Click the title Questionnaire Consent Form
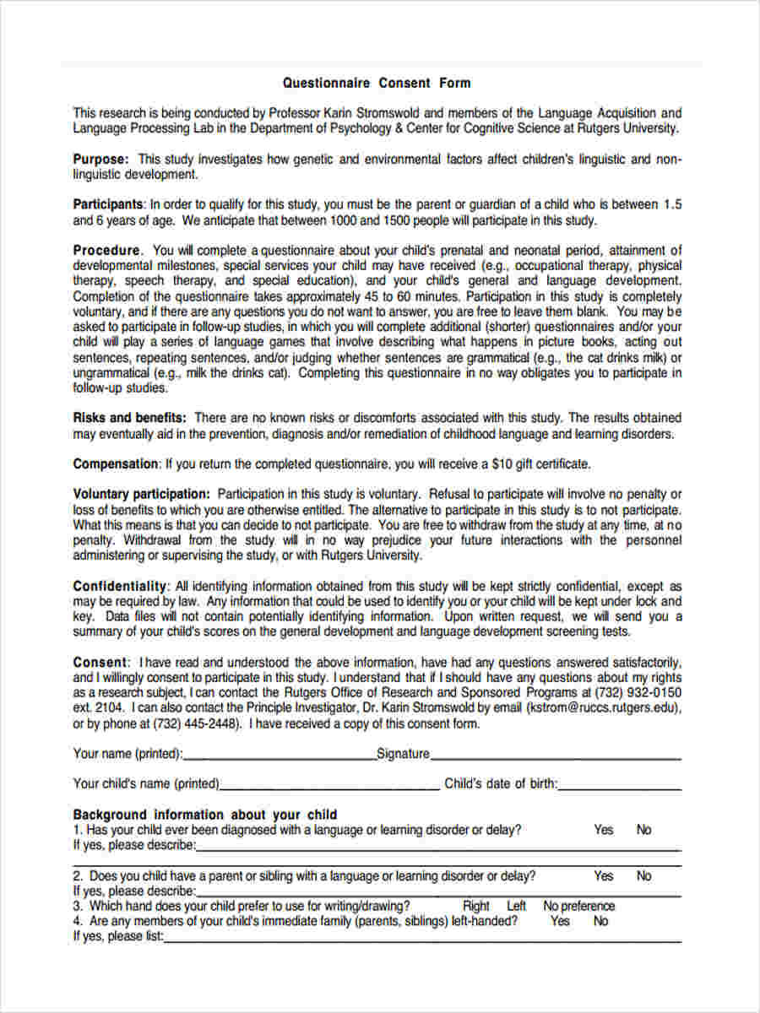click(x=377, y=83)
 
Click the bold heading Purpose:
click(x=100, y=159)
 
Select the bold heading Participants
click(x=107, y=204)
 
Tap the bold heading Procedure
click(x=106, y=250)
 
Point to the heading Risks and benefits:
click(x=129, y=417)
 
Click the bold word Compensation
click(x=115, y=463)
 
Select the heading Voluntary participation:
click(x=141, y=494)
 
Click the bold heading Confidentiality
click(x=120, y=586)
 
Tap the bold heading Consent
click(x=100, y=662)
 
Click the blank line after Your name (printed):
click(x=280, y=756)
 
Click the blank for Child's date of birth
click(x=620, y=785)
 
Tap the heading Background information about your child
click(x=205, y=815)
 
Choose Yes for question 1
click(x=603, y=830)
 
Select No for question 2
click(x=643, y=876)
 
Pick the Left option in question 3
click(x=516, y=906)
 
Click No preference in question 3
click(x=579, y=906)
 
